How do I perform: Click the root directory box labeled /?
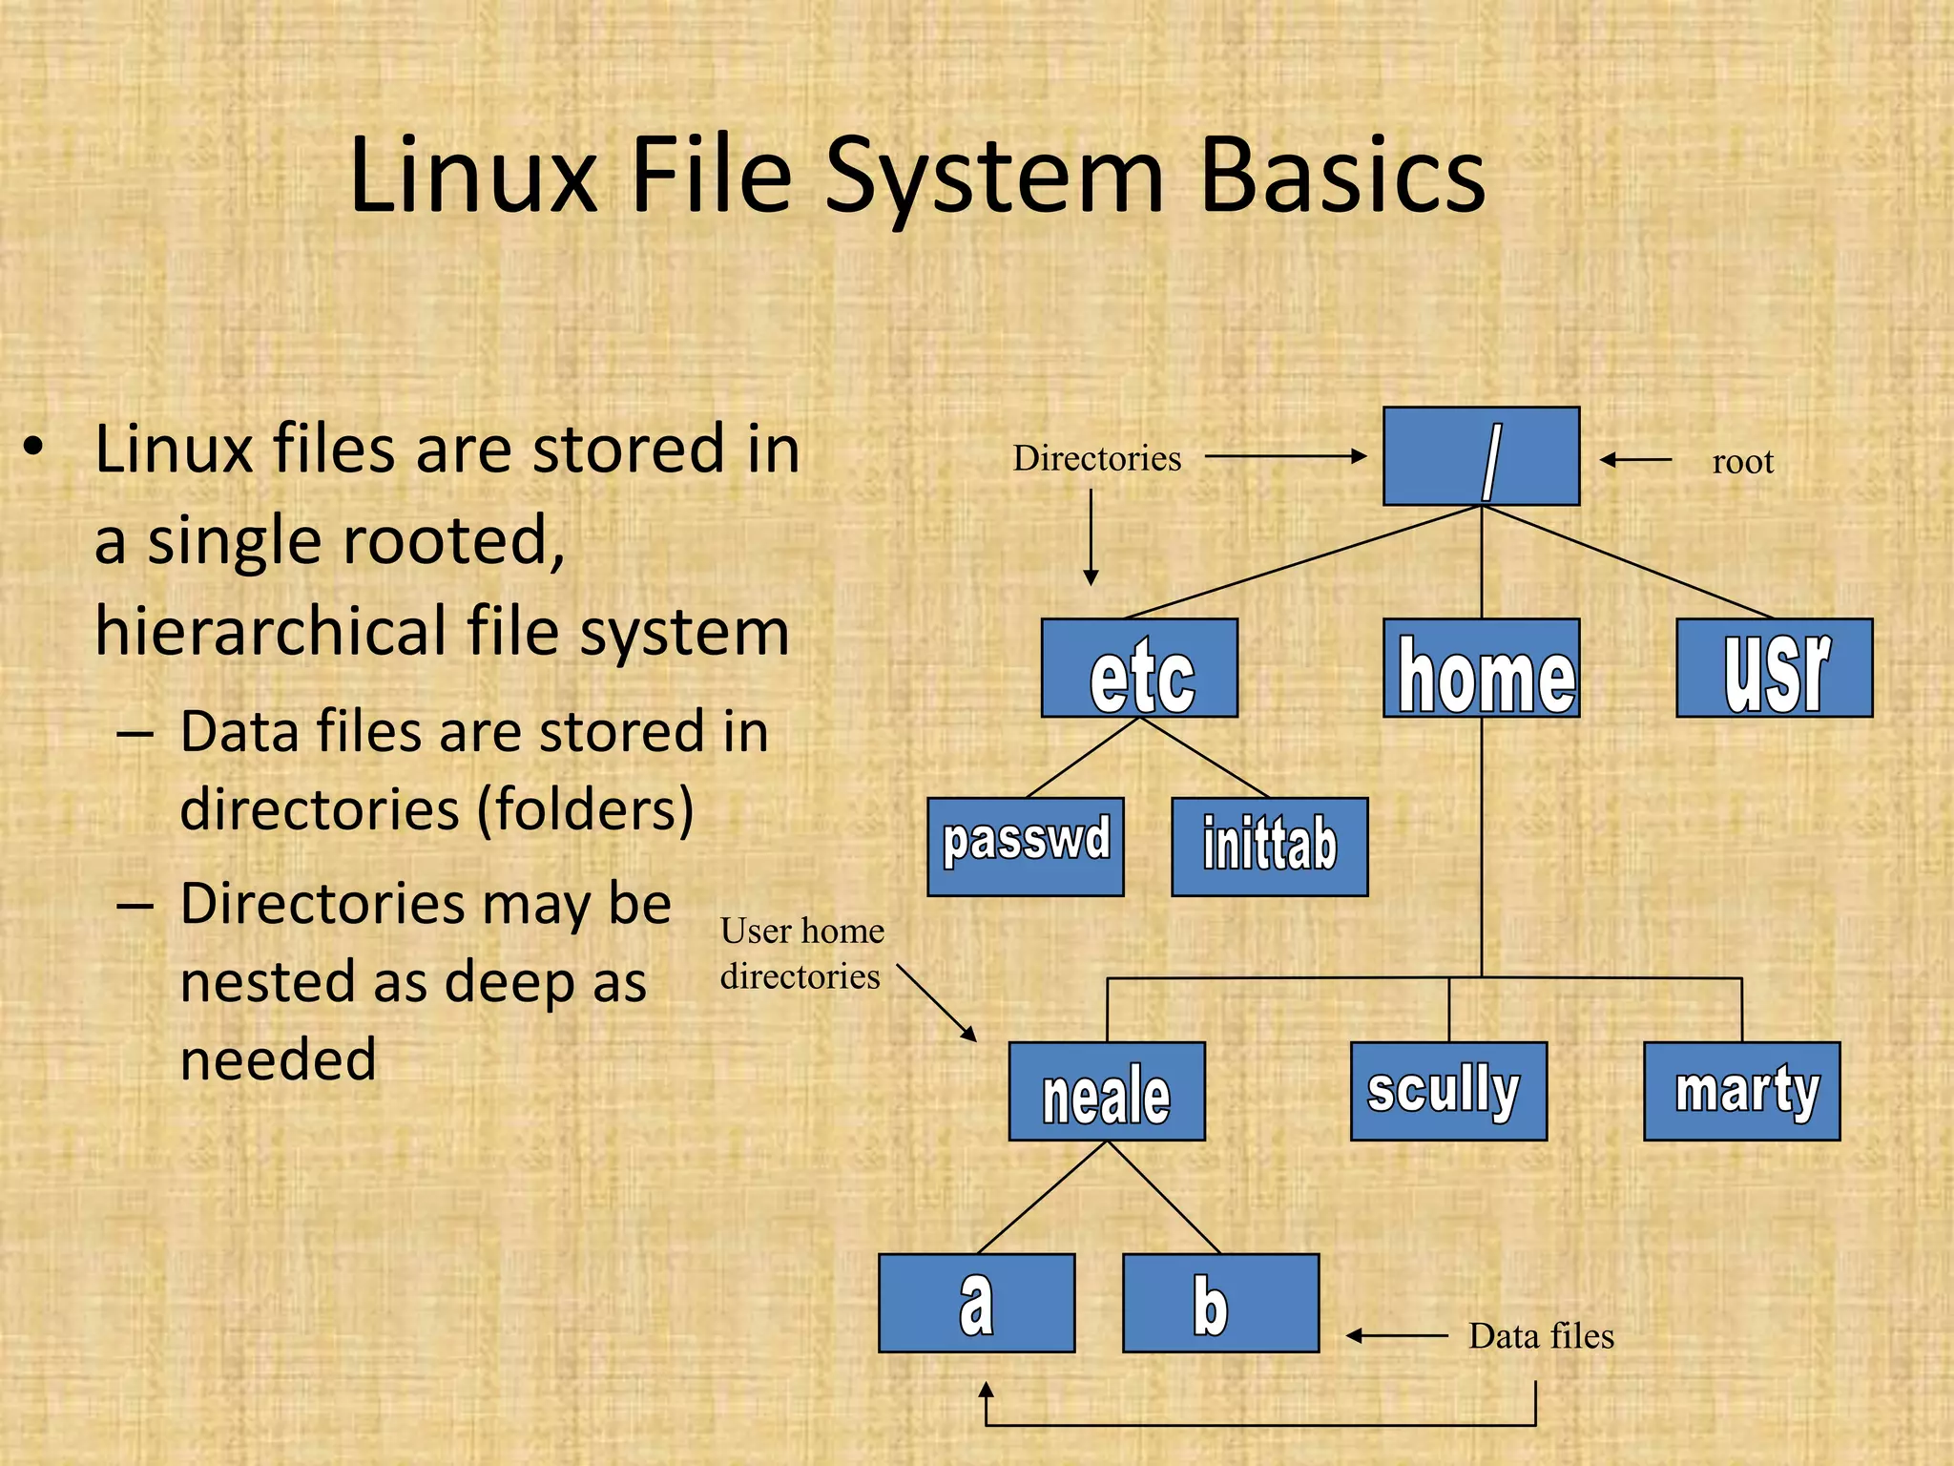pyautogui.click(x=1481, y=456)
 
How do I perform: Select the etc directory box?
pyautogui.click(x=1139, y=668)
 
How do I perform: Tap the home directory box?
pyautogui.click(x=1481, y=668)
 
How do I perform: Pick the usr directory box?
pyautogui.click(x=1775, y=668)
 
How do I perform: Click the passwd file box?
pyautogui.click(x=1026, y=847)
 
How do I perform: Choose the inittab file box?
pyautogui.click(x=1270, y=847)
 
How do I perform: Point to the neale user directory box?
pyautogui.click(x=1107, y=1091)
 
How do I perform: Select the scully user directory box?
pyautogui.click(x=1448, y=1091)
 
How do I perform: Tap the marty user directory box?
pyautogui.click(x=1742, y=1091)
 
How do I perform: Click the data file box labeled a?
pyautogui.click(x=977, y=1303)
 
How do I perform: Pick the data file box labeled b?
pyautogui.click(x=1221, y=1303)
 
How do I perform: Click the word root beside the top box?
pyautogui.click(x=1742, y=462)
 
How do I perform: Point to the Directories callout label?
pyautogui.click(x=1096, y=458)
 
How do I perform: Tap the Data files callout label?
pyautogui.click(x=1541, y=1336)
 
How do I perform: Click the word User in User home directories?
pyautogui.click(x=757, y=931)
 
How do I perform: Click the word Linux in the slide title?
pyautogui.click(x=473, y=176)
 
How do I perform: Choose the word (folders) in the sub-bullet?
pyautogui.click(x=585, y=810)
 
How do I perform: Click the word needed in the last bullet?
pyautogui.click(x=279, y=1060)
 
